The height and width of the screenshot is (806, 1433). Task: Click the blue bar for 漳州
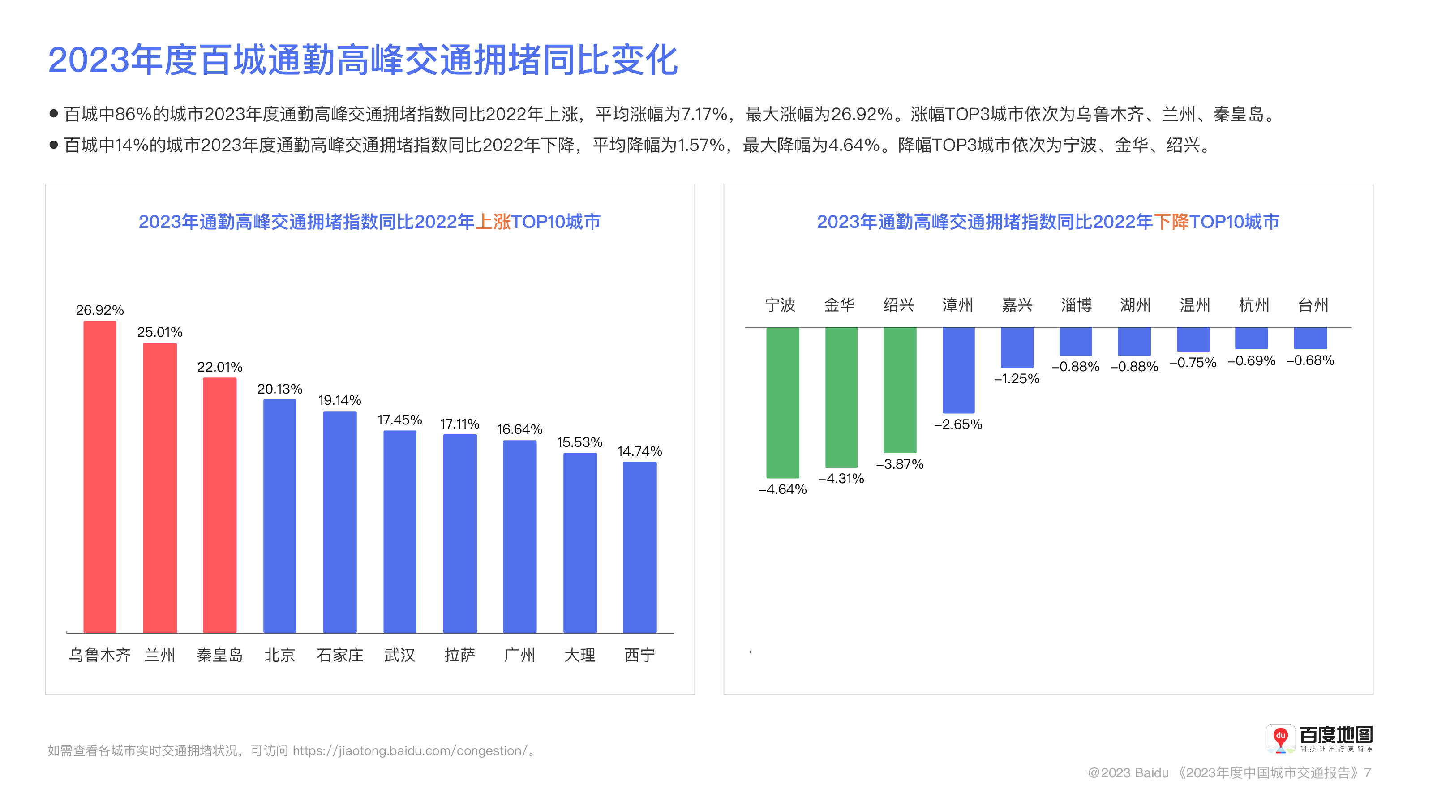[x=958, y=370]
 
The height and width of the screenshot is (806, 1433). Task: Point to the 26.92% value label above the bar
[x=100, y=310]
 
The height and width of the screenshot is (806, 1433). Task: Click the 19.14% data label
[x=339, y=400]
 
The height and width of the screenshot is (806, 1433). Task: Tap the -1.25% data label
[x=1017, y=379]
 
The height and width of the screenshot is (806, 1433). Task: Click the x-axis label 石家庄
[x=340, y=655]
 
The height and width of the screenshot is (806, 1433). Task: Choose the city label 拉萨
[x=459, y=655]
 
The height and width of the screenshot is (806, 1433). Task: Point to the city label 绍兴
[x=898, y=305]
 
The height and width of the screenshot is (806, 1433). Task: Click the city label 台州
[x=1313, y=305]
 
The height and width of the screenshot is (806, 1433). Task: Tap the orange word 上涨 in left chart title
[x=493, y=222]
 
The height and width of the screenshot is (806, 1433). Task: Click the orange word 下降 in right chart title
[x=1171, y=222]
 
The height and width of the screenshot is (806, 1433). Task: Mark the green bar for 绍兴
[x=900, y=390]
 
